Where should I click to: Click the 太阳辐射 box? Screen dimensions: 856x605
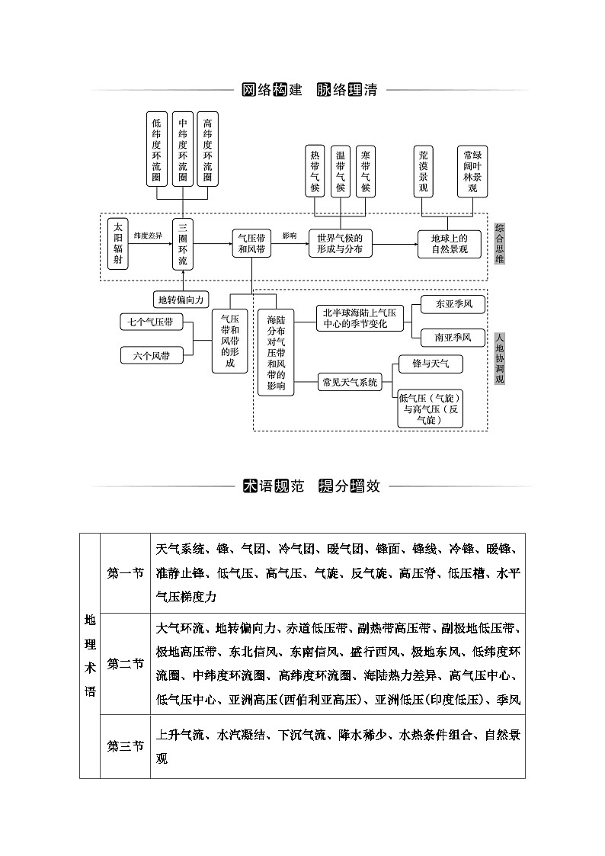tap(117, 243)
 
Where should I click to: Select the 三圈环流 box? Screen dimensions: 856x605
tap(182, 243)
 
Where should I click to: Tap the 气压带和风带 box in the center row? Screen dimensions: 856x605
tap(251, 243)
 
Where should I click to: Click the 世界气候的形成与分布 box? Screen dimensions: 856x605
tap(340, 243)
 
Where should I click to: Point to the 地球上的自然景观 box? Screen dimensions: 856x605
tap(449, 243)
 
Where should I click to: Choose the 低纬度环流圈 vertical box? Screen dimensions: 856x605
tap(156, 149)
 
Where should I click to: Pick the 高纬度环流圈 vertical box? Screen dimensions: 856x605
tap(208, 149)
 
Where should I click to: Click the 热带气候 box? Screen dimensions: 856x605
tap(315, 172)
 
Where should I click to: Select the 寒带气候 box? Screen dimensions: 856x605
tap(366, 172)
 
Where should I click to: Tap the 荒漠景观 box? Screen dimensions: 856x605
tap(424, 172)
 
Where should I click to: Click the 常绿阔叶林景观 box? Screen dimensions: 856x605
tap(472, 172)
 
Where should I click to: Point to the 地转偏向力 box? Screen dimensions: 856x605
tap(181, 300)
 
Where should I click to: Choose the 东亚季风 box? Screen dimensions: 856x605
tap(454, 303)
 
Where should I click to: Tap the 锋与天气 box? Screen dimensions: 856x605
tap(431, 364)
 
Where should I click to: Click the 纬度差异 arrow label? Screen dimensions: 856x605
tap(149, 236)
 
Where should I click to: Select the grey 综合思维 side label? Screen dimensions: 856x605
tap(499, 243)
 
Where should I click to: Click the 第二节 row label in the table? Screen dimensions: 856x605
tap(126, 663)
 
